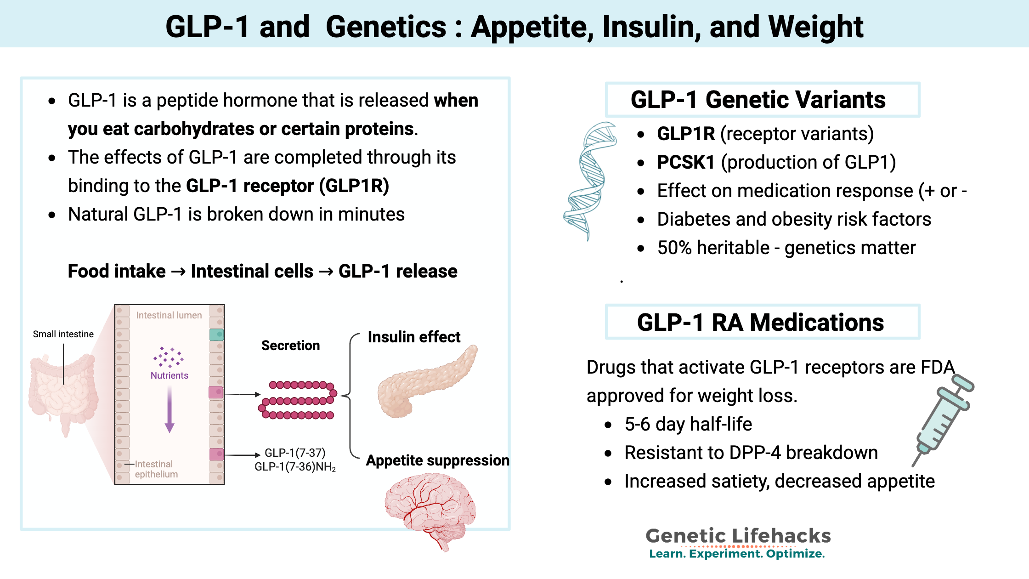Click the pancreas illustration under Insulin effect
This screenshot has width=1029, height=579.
(x=425, y=384)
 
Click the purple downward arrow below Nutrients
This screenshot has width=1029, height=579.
(x=170, y=409)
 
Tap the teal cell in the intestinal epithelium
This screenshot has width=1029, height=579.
(x=216, y=335)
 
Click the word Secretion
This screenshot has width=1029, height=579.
(x=290, y=346)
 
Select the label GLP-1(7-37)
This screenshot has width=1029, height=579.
(x=295, y=453)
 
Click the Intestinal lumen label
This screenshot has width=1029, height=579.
(x=169, y=315)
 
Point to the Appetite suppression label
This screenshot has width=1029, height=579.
(x=437, y=460)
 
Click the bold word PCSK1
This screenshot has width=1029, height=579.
(x=685, y=162)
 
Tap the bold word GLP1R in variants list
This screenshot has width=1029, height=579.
(x=685, y=134)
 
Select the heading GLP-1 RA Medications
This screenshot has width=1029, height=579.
(x=760, y=322)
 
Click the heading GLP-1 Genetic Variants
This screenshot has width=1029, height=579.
(x=758, y=100)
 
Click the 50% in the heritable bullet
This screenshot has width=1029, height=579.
(x=674, y=248)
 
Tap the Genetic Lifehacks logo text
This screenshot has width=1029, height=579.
(x=738, y=536)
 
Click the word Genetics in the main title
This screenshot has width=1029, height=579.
(x=386, y=27)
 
